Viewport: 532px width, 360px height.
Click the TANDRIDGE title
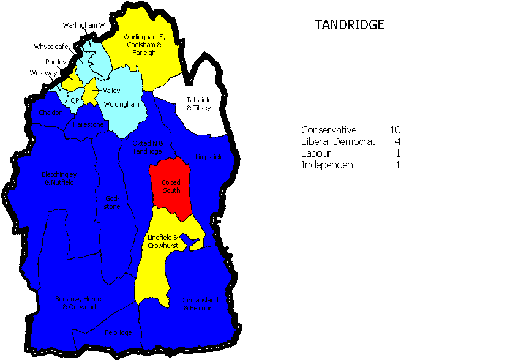coord(349,25)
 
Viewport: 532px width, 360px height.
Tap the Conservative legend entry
coord(329,130)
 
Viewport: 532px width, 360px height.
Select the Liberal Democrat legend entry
coord(338,141)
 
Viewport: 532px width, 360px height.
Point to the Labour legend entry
coord(317,153)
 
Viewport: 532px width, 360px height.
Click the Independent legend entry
coord(329,165)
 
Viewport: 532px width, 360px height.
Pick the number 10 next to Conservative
coord(395,130)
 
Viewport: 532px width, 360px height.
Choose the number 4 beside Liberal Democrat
coord(397,141)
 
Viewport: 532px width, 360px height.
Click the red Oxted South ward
coord(171,186)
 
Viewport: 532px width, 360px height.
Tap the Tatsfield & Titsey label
coord(198,103)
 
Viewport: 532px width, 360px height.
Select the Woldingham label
coord(121,104)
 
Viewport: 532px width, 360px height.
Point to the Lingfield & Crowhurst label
coord(163,241)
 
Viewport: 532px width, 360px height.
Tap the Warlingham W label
coord(84,25)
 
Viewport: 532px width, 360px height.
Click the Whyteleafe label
coord(51,47)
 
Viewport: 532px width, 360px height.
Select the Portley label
coord(55,62)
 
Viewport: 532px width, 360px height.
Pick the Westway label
coord(43,73)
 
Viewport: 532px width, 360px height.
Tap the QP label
coord(75,100)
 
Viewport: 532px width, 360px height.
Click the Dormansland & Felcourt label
coord(198,304)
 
